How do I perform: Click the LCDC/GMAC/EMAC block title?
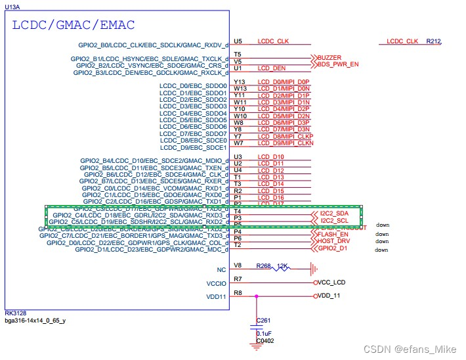pyautogui.click(x=74, y=26)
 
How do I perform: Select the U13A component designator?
pyautogui.click(x=13, y=6)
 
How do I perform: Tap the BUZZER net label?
pyautogui.click(x=329, y=58)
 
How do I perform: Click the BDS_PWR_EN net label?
pyautogui.click(x=338, y=64)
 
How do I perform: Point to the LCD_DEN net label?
pyautogui.click(x=272, y=68)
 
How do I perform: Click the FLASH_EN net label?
pyautogui.click(x=333, y=234)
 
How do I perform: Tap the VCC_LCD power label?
pyautogui.click(x=331, y=282)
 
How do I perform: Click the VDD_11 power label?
pyautogui.click(x=329, y=296)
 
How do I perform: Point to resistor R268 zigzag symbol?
pyautogui.click(x=284, y=268)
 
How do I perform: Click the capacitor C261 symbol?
pyautogui.click(x=257, y=325)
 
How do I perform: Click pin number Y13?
pyautogui.click(x=239, y=81)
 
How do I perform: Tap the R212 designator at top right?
pyautogui.click(x=433, y=41)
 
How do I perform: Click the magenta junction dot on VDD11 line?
pyautogui.click(x=257, y=296)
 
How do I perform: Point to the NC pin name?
pyautogui.click(x=221, y=269)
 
